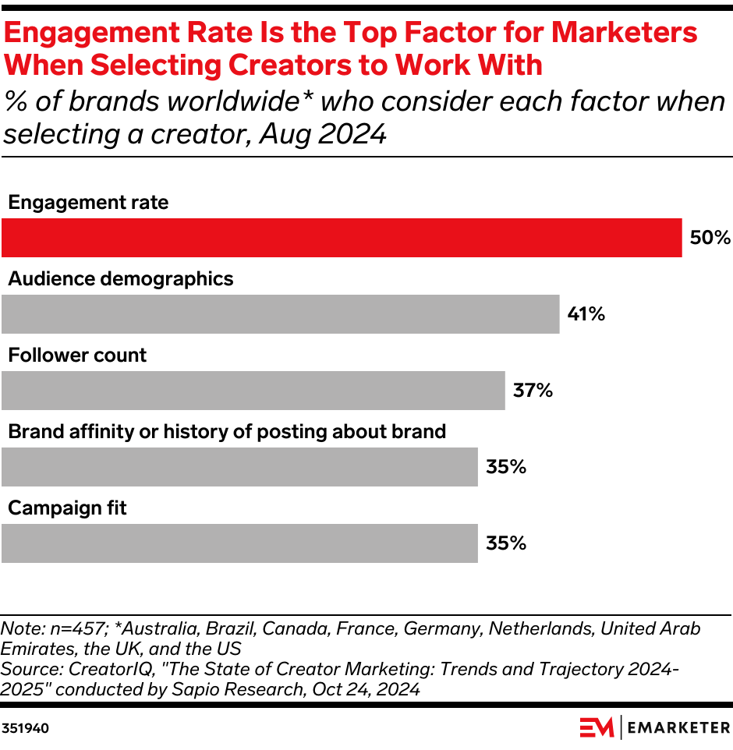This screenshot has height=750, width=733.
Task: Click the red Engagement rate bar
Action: (342, 238)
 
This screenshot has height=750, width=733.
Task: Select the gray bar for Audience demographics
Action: (281, 314)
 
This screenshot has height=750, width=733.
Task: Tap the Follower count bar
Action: (253, 391)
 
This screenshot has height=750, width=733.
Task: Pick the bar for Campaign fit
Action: (239, 543)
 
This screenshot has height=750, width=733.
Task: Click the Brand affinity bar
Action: (239, 467)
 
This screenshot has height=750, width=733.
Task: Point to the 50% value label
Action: (710, 238)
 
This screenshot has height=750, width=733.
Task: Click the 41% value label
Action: (586, 314)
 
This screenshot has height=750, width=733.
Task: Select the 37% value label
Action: (533, 391)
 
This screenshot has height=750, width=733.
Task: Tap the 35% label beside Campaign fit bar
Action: (506, 543)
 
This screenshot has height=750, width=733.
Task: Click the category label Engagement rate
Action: (88, 203)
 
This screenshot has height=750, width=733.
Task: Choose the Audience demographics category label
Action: (120, 279)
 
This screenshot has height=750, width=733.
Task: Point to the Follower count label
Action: (77, 356)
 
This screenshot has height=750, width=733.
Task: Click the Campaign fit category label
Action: (67, 508)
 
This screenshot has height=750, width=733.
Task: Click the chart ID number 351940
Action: (26, 729)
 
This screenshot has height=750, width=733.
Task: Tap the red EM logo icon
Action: (597, 727)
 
